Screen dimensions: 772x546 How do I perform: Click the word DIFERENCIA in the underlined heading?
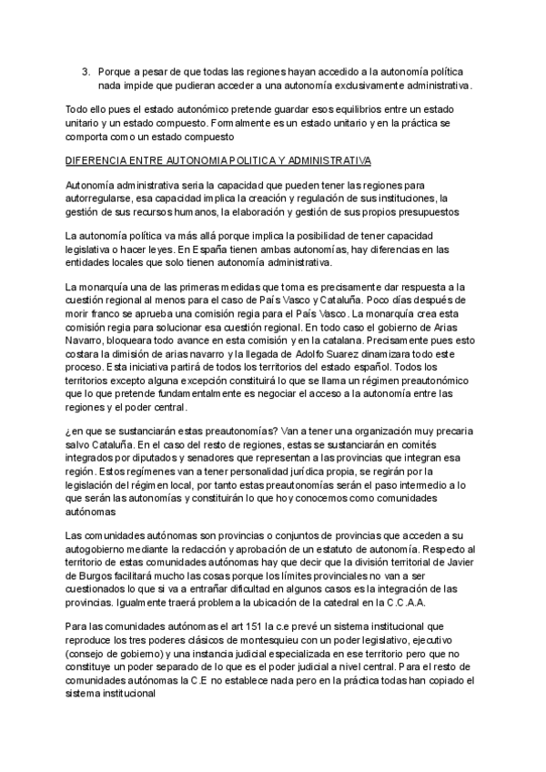pyautogui.click(x=96, y=160)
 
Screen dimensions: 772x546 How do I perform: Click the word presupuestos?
pyautogui.click(x=433, y=211)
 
